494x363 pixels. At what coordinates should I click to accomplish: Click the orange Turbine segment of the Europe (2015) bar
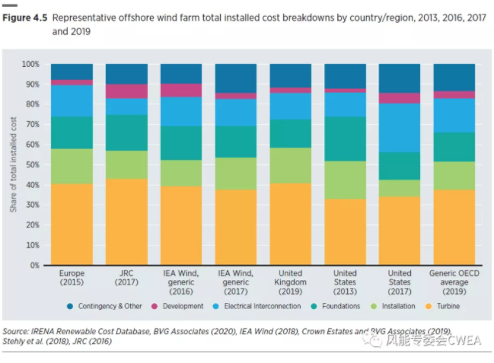[x=72, y=224]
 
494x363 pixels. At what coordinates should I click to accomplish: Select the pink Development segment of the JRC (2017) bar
[x=126, y=91]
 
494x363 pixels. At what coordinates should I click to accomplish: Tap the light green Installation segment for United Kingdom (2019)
[x=290, y=165]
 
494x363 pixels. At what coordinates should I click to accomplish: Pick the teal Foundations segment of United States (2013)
[x=345, y=139]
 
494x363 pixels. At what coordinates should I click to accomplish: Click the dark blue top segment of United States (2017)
[x=400, y=78]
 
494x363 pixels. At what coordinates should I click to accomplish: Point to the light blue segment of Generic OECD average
[x=454, y=115]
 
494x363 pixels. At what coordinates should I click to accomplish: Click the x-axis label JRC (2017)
[x=126, y=278]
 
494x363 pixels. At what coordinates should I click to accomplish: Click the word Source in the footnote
[x=17, y=332]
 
